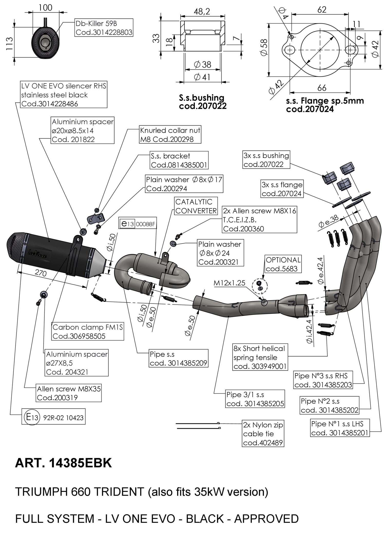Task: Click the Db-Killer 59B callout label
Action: click(x=104, y=28)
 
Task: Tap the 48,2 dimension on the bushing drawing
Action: click(x=202, y=12)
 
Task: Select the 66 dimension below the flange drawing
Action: click(x=322, y=88)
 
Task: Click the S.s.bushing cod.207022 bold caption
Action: click(x=203, y=102)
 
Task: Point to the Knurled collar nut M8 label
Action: click(x=170, y=135)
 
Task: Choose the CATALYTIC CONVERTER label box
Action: click(x=196, y=206)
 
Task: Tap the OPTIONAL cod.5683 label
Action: click(x=283, y=264)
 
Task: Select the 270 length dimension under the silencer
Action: click(x=41, y=273)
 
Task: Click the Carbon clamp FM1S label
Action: click(x=88, y=332)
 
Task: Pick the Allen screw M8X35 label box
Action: click(x=69, y=393)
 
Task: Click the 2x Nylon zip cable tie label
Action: click(x=263, y=434)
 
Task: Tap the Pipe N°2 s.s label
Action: click(x=330, y=406)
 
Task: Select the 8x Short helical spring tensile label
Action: click(x=260, y=357)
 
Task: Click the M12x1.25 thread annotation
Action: click(x=229, y=283)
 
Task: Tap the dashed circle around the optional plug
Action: click(x=260, y=285)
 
